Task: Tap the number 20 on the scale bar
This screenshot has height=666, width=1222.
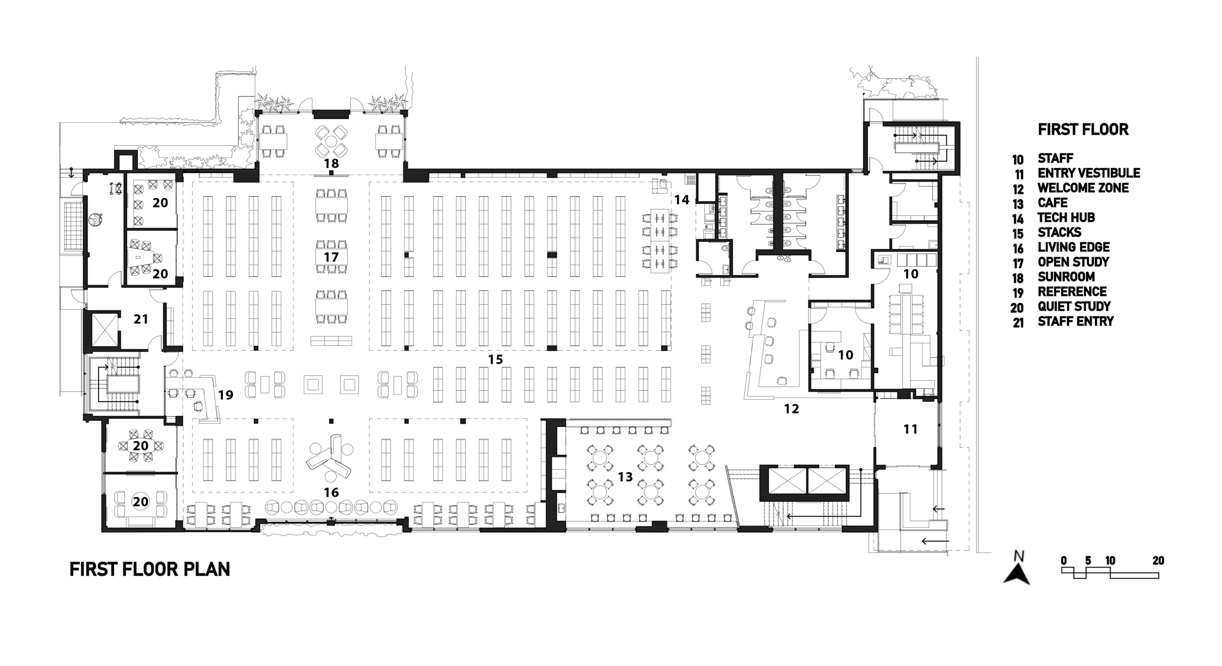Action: [1158, 561]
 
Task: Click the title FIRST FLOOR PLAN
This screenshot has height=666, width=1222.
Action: [150, 569]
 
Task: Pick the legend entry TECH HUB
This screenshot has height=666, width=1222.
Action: [1066, 218]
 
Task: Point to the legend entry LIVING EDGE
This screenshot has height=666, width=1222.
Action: [1074, 247]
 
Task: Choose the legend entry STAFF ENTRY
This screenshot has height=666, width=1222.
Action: [1075, 321]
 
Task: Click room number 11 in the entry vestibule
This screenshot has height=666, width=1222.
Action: [910, 429]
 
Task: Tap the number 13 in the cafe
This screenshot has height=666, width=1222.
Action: [625, 476]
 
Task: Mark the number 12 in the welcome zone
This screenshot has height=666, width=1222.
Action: [791, 408]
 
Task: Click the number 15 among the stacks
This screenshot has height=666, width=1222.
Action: [495, 359]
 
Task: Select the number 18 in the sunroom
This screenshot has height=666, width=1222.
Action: [331, 163]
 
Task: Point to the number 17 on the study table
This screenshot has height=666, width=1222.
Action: [331, 257]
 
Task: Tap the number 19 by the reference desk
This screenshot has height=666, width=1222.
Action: [226, 395]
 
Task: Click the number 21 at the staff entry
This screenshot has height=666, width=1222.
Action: [141, 319]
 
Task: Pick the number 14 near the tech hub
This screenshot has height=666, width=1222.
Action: [682, 199]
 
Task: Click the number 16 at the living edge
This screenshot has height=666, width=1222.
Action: [331, 492]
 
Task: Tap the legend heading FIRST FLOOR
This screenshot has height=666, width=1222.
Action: [1083, 129]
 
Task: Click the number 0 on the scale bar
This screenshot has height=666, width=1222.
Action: [1064, 561]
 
